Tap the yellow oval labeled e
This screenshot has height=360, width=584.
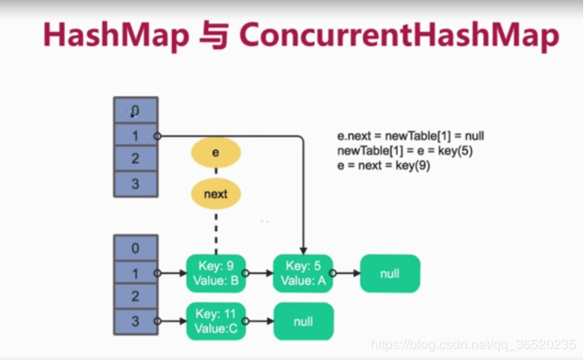coord(216,153)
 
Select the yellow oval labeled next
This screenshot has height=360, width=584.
coord(216,194)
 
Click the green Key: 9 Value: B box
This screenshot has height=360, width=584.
coord(214,273)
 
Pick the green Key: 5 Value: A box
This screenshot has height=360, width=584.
coord(302,273)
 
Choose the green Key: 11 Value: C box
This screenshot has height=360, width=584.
coord(214,320)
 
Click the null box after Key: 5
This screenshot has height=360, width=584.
coord(389,273)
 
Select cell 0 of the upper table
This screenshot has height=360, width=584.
coord(135,110)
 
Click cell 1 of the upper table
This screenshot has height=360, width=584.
coord(135,134)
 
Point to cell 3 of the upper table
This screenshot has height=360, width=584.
coord(135,183)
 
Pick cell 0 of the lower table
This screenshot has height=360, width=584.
coord(135,249)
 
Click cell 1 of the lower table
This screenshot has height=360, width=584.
coord(135,273)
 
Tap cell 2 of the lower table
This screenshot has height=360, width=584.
coord(135,297)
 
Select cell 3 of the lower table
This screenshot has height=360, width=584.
coord(135,320)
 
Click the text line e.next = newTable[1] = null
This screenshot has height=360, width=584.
coord(410,136)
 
